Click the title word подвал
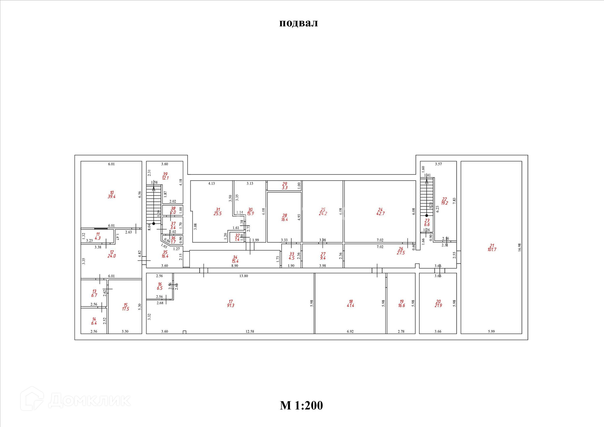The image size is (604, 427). tap(299, 23)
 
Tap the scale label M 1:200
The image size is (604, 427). tap(301, 405)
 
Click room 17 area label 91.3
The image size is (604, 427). tap(231, 303)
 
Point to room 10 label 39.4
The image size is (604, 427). tap(112, 195)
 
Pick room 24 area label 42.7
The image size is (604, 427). tap(380, 211)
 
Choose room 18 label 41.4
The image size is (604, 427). tap(350, 303)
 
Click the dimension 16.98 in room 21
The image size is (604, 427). tap(519, 247)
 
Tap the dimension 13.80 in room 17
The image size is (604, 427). tap(243, 276)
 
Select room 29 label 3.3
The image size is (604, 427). tap(284, 186)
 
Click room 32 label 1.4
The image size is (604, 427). tap(237, 237)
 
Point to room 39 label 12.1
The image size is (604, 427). tap(165, 176)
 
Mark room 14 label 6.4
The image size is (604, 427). tap(94, 321)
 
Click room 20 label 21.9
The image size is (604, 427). tap(438, 303)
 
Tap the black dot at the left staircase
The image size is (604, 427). tap(154, 223)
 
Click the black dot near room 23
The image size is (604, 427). tap(427, 216)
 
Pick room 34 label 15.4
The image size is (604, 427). tap(235, 259)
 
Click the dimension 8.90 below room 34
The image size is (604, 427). tap(235, 266)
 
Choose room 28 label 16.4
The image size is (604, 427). tap(284, 217)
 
